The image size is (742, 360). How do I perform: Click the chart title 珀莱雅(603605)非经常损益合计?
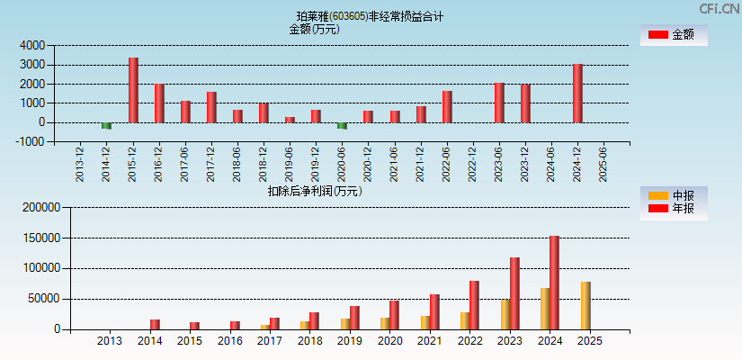pos(371,16)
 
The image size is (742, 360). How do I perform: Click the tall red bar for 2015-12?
pos(133,90)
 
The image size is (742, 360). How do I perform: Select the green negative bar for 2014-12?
pos(106,126)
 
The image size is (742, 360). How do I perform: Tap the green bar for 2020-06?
pos(342,126)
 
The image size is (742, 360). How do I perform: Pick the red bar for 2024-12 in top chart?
pos(577,94)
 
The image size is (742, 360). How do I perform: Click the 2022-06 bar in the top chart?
pos(447,106)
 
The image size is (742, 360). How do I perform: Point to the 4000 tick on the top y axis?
pos(33,45)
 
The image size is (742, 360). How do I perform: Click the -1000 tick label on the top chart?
pos(31,141)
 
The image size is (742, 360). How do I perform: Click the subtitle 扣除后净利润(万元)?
pos(314,191)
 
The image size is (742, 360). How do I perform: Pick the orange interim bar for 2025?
pos(586,305)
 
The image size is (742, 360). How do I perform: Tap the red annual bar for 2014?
pos(155,324)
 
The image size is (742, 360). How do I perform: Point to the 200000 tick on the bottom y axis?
pos(40,207)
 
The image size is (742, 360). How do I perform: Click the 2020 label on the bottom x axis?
pos(389,341)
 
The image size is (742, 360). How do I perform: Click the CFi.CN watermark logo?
pos(719,8)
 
